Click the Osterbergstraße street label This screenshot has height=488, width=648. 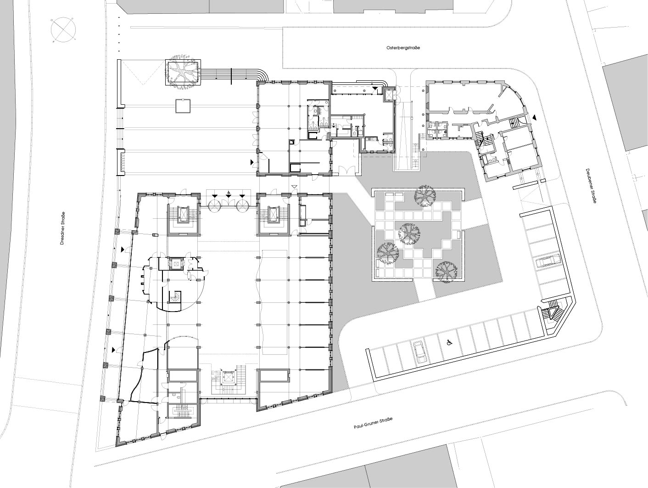point(403,47)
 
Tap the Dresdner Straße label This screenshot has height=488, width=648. point(63,228)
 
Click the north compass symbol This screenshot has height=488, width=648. point(63,30)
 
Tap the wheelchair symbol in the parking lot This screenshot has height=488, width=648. point(450,342)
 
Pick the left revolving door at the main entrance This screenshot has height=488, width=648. point(215,204)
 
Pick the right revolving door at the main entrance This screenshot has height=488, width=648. point(243,204)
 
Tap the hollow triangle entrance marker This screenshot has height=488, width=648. point(294,187)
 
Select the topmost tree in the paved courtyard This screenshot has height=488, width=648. point(425,195)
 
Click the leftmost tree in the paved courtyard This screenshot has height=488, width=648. point(388,254)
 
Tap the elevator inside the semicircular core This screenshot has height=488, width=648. point(176,263)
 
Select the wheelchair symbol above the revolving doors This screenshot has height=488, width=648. point(228,194)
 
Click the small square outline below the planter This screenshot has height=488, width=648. point(183,106)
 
